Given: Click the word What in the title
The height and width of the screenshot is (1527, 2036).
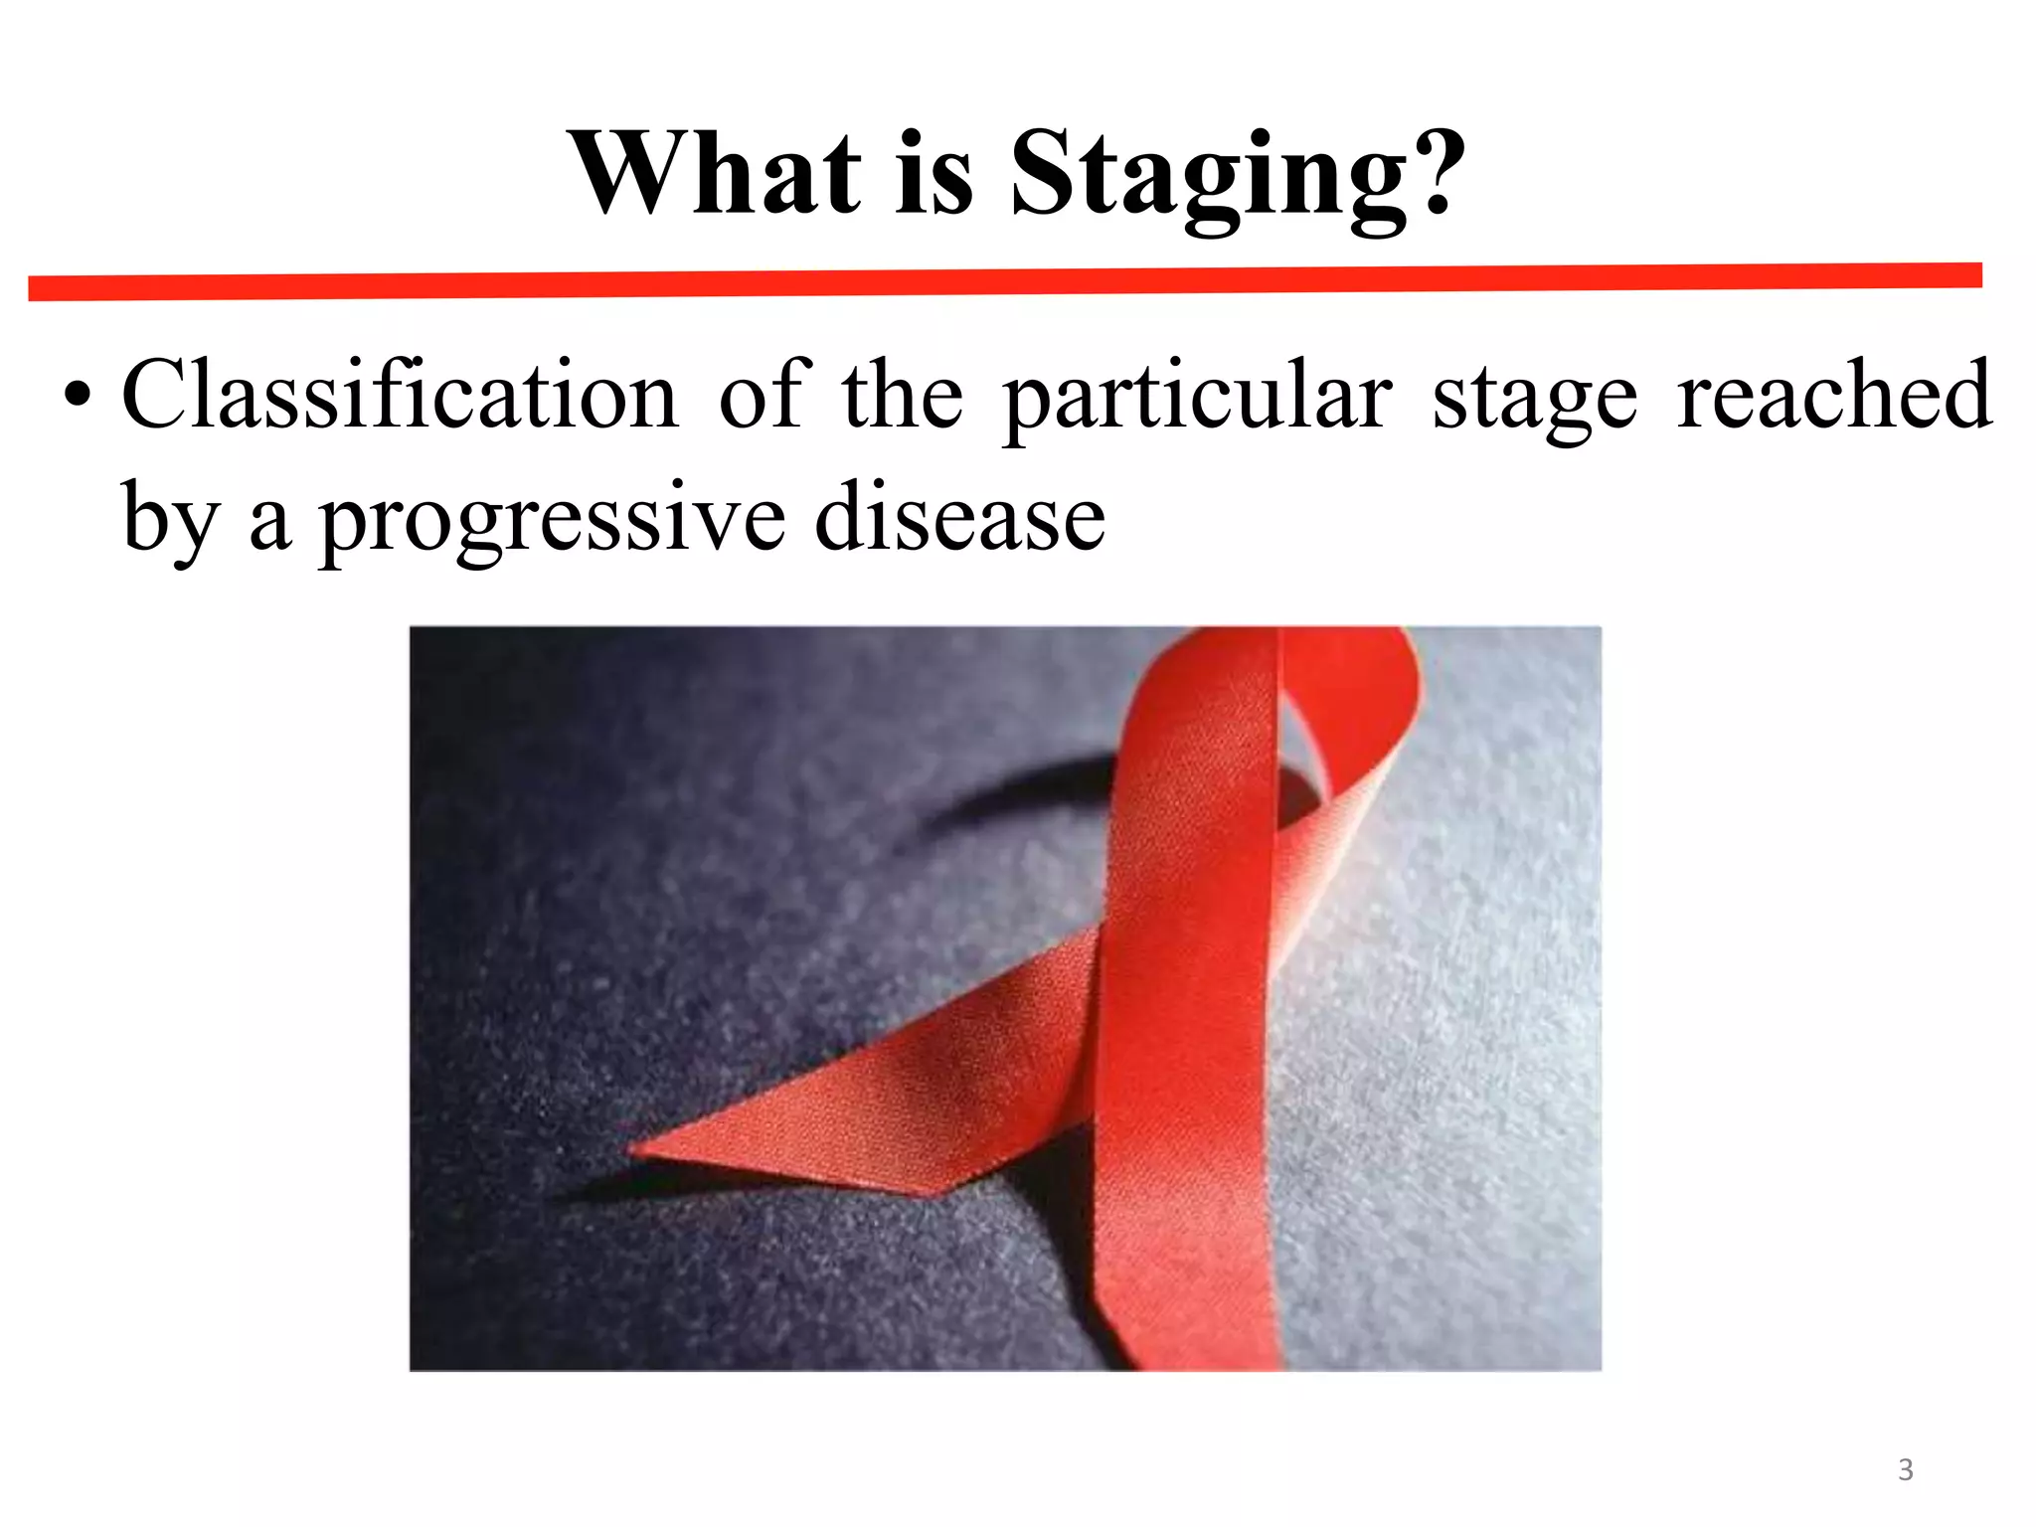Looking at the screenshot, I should (715, 175).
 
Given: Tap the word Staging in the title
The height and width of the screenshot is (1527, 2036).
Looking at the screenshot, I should (1208, 179).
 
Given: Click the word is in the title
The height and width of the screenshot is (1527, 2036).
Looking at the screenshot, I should (933, 175).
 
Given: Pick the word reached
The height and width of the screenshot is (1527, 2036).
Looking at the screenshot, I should (1834, 396).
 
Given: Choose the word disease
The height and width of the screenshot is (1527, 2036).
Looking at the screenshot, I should (959, 517).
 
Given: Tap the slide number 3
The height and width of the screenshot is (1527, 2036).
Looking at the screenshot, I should (1905, 1469).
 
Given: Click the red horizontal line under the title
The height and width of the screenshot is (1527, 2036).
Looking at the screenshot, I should (1004, 281).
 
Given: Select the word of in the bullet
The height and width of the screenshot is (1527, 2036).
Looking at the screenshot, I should (760, 396).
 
